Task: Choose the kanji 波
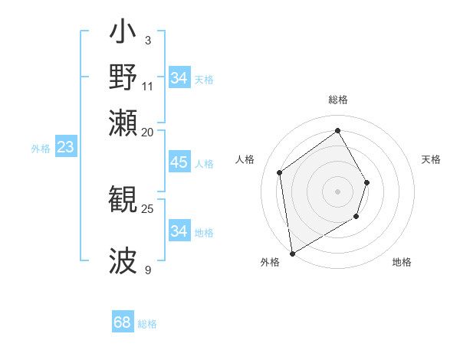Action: click(x=123, y=260)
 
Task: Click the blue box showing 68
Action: click(x=123, y=322)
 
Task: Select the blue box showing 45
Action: click(x=179, y=162)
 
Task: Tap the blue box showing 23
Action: click(x=65, y=147)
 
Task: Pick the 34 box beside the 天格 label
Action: click(x=179, y=78)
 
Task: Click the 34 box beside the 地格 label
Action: click(x=179, y=231)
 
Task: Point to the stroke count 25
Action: click(x=148, y=208)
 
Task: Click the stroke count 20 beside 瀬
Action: click(x=148, y=131)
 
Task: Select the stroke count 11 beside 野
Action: click(x=148, y=85)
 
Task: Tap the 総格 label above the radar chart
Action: click(x=337, y=100)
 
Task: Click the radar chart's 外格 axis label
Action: click(x=270, y=262)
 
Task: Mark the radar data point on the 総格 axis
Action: click(x=337, y=129)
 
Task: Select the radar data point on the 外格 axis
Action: click(x=292, y=253)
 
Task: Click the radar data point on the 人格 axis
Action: click(x=280, y=172)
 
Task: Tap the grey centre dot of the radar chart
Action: click(x=337, y=191)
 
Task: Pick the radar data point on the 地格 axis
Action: click(x=356, y=217)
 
